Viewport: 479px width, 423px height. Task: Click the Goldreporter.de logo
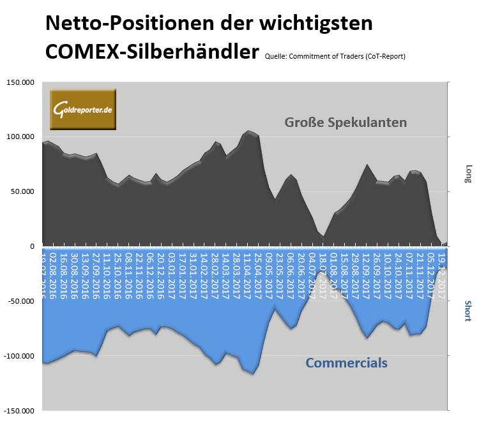click(x=83, y=109)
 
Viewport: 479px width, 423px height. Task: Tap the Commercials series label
click(x=346, y=363)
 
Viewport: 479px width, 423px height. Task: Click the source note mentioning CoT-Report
click(x=335, y=56)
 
